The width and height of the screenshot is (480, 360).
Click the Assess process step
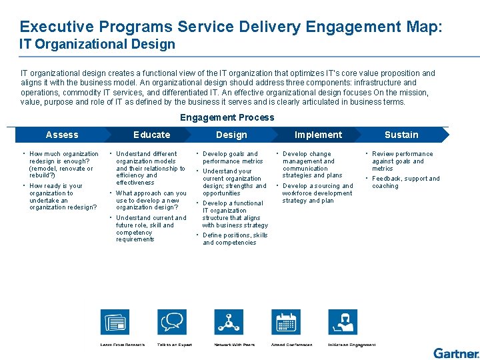pyautogui.click(x=62, y=135)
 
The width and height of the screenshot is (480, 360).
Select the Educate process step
pyautogui.click(x=152, y=135)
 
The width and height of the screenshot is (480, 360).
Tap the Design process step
pyautogui.click(x=231, y=135)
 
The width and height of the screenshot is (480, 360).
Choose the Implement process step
pyautogui.click(x=318, y=135)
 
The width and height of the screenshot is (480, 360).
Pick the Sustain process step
pyautogui.click(x=401, y=135)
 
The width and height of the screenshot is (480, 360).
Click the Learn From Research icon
pyautogui.click(x=115, y=323)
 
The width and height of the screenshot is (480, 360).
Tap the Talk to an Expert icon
pyautogui.click(x=171, y=323)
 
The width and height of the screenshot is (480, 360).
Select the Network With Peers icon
pyautogui.click(x=231, y=323)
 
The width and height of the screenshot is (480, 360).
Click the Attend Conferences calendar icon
pyautogui.click(x=287, y=323)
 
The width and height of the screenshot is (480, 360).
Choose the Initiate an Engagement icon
pyautogui.click(x=345, y=323)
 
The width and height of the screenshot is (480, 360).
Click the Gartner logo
pyautogui.click(x=456, y=353)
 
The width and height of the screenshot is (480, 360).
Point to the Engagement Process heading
pyautogui.click(x=227, y=117)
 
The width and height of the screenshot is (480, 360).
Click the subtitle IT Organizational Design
pyautogui.click(x=97, y=45)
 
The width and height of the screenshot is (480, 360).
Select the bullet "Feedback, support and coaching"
pyautogui.click(x=405, y=182)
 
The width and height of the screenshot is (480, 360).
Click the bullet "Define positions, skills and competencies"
pyautogui.click(x=235, y=239)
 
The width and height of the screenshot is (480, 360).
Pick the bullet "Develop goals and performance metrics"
pyautogui.click(x=233, y=157)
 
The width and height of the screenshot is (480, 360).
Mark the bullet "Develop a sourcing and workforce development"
pyautogui.click(x=317, y=193)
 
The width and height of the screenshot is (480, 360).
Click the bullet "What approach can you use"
pyautogui.click(x=151, y=200)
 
